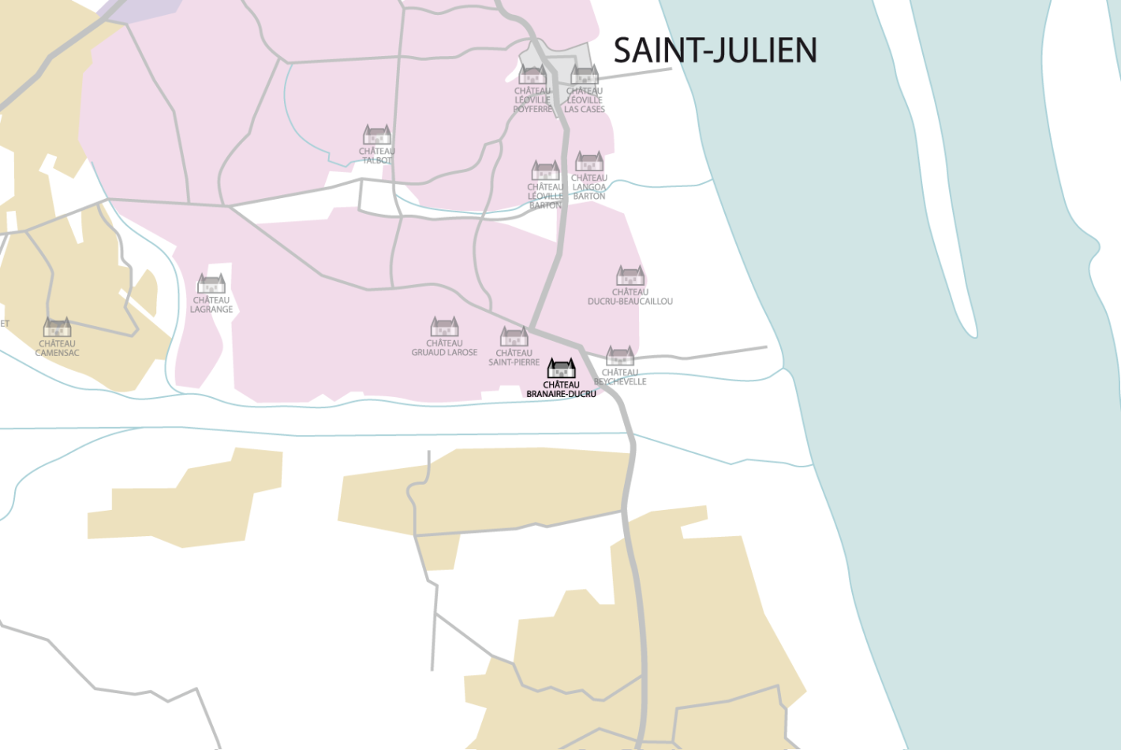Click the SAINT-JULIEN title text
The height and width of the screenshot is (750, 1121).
click(715, 51)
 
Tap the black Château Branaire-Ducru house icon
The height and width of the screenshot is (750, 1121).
click(562, 369)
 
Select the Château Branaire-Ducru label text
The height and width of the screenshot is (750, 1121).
click(561, 389)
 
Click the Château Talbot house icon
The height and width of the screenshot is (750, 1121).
click(377, 135)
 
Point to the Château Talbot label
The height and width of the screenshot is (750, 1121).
click(377, 156)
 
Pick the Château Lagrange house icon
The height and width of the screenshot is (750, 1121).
click(211, 283)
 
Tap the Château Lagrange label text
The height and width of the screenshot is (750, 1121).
click(211, 305)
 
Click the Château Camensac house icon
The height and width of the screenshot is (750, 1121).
click(58, 327)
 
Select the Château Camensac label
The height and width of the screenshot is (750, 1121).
click(58, 348)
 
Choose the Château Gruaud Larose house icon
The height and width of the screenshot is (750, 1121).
click(445, 327)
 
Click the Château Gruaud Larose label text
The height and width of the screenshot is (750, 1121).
click(444, 347)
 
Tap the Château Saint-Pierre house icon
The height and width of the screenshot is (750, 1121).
click(514, 337)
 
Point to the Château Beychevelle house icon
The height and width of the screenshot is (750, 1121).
click(620, 356)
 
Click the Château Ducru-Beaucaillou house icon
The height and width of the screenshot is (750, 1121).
click(630, 276)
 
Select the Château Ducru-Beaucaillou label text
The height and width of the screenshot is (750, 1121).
click(630, 297)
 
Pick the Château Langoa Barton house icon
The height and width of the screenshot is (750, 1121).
click(589, 162)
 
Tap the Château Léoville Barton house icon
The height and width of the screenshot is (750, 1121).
click(546, 171)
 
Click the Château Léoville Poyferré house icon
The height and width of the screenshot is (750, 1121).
click(532, 75)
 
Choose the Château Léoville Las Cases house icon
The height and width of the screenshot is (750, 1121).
click(585, 75)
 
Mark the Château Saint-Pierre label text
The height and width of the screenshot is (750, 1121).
click(514, 358)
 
